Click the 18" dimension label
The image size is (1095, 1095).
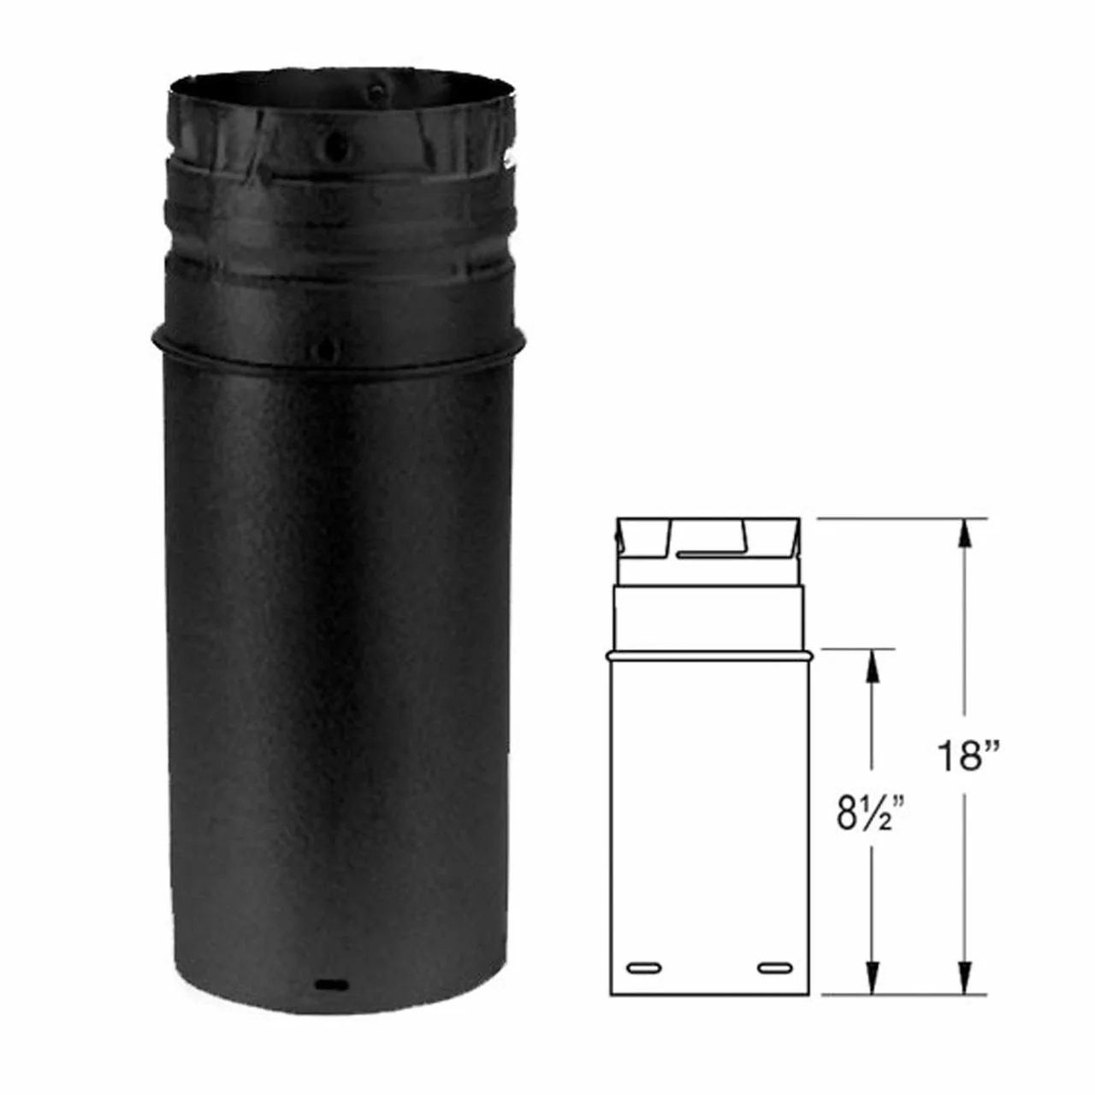pos(967,755)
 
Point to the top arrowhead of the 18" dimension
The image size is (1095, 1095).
pos(964,534)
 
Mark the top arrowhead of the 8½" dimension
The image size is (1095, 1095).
pos(873,665)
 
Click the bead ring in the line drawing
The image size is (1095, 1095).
pos(710,656)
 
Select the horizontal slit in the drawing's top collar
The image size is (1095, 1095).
pos(709,551)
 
